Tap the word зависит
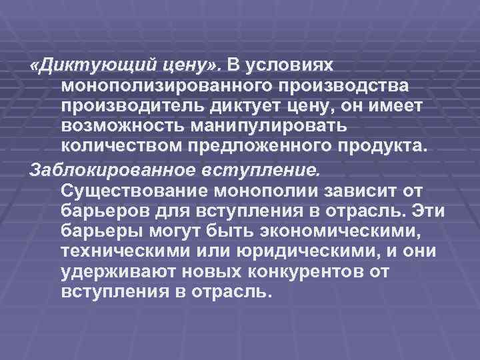(x=383, y=191)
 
